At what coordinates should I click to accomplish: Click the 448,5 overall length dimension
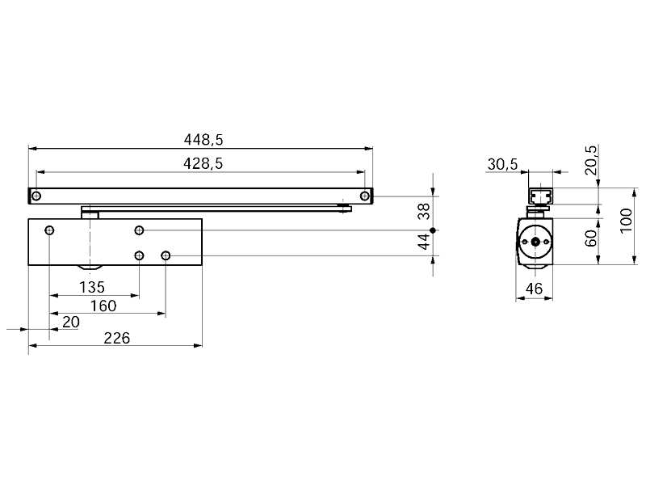coord(203,140)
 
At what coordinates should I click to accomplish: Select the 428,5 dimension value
coord(203,164)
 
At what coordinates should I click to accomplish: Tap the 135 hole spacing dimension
coord(92,287)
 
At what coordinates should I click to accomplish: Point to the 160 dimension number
coord(103,306)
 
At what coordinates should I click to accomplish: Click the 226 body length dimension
coord(116,338)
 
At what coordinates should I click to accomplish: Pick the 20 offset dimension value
coord(70,322)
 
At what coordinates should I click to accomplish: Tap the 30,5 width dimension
coord(502,164)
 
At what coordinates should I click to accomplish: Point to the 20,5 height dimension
coord(590,160)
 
